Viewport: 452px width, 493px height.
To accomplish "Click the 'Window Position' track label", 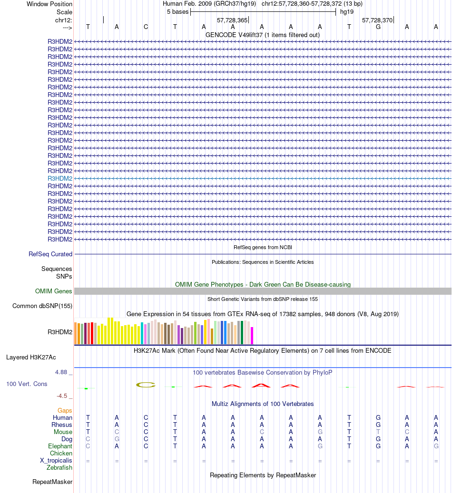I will click(x=49, y=4).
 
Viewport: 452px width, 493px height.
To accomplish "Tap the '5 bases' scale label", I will click(x=177, y=11).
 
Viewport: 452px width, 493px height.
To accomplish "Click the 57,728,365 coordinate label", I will click(x=232, y=20).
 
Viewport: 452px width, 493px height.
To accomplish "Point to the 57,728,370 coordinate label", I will click(x=377, y=20).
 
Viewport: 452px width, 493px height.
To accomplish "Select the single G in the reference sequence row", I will click(x=378, y=27).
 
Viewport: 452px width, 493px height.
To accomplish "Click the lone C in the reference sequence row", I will click(x=146, y=27).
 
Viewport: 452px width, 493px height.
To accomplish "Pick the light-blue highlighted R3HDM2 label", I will click(x=60, y=178).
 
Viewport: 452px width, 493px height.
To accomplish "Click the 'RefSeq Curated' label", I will click(x=50, y=254).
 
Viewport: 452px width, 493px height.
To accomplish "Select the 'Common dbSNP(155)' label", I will click(x=42, y=306).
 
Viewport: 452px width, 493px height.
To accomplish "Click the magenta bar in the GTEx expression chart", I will click(x=252, y=335).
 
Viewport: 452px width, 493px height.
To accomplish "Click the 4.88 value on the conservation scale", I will click(x=62, y=372).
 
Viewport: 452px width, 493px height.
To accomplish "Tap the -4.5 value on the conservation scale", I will click(x=62, y=396).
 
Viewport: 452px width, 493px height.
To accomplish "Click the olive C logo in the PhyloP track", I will click(x=146, y=385).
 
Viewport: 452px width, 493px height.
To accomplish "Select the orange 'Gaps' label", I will click(x=65, y=410).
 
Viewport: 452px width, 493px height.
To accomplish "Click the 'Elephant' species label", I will click(x=60, y=446).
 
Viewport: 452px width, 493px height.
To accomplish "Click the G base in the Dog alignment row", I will click(x=117, y=439).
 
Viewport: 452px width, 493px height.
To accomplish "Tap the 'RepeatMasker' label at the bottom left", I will click(x=52, y=482).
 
